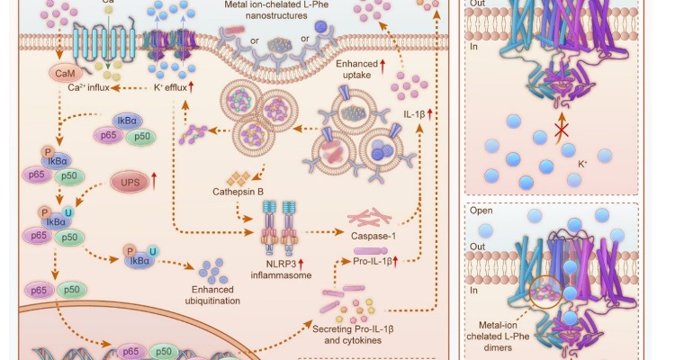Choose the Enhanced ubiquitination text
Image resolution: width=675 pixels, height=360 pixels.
pos(213,298)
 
